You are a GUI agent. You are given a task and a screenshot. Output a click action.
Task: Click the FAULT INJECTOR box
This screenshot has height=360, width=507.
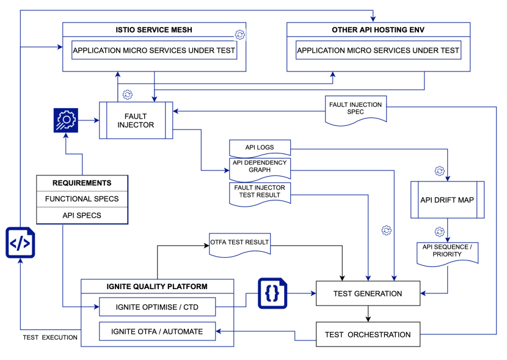(136, 120)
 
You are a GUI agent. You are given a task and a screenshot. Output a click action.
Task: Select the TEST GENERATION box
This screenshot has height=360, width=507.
(368, 293)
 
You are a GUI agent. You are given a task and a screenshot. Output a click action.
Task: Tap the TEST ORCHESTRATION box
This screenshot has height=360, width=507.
(368, 334)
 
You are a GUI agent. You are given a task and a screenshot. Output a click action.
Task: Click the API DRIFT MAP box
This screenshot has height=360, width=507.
(448, 200)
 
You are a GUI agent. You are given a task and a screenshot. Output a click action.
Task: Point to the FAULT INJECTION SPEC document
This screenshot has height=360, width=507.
(356, 110)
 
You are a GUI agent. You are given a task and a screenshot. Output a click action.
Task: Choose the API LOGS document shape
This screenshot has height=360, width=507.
(260, 147)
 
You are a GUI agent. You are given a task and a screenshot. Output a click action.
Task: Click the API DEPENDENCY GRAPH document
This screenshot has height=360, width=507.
(260, 166)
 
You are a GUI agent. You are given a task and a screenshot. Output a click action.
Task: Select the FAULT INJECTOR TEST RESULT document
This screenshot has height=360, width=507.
(260, 191)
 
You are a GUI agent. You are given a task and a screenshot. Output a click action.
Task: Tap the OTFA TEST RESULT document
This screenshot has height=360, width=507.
(239, 243)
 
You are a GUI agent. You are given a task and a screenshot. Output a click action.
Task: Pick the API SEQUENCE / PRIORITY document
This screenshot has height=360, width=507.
(448, 251)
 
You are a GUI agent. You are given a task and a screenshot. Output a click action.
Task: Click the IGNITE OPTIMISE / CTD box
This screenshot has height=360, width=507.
(157, 306)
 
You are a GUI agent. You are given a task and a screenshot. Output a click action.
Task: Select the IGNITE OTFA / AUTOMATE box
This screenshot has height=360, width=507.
(157, 332)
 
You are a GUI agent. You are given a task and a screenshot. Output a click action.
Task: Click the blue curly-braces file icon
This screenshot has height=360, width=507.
(272, 293)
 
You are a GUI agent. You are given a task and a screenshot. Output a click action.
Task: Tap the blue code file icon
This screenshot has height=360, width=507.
(20, 242)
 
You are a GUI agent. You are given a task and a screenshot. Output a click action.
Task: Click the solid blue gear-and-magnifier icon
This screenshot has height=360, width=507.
(65, 120)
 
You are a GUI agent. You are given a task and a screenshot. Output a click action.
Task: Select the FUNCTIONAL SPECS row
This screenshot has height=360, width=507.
(82, 199)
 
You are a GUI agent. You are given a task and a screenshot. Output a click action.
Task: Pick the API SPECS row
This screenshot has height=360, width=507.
(82, 215)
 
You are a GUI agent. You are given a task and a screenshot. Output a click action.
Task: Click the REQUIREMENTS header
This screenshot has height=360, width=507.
(82, 183)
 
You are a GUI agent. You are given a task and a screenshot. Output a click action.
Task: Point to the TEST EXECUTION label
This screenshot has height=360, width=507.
(50, 337)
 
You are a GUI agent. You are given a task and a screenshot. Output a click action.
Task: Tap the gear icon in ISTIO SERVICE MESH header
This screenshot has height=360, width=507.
(239, 35)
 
